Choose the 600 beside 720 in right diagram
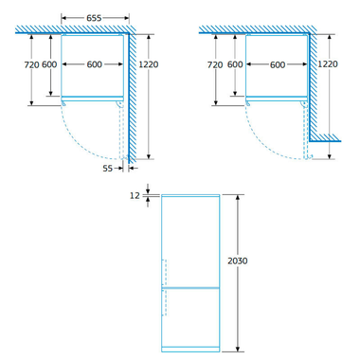point(233,65)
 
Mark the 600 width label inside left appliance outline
point(94,65)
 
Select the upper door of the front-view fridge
point(191,237)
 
